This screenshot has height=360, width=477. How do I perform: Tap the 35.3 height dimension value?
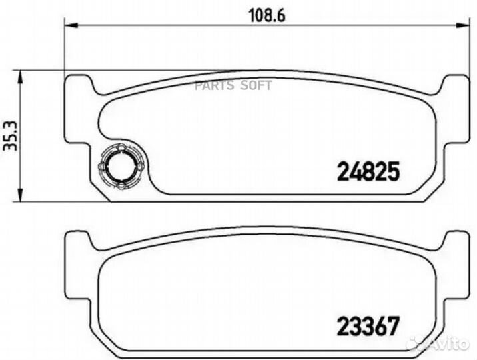coord(10,135)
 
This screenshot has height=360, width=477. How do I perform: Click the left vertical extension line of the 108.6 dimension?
coord(64,47)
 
